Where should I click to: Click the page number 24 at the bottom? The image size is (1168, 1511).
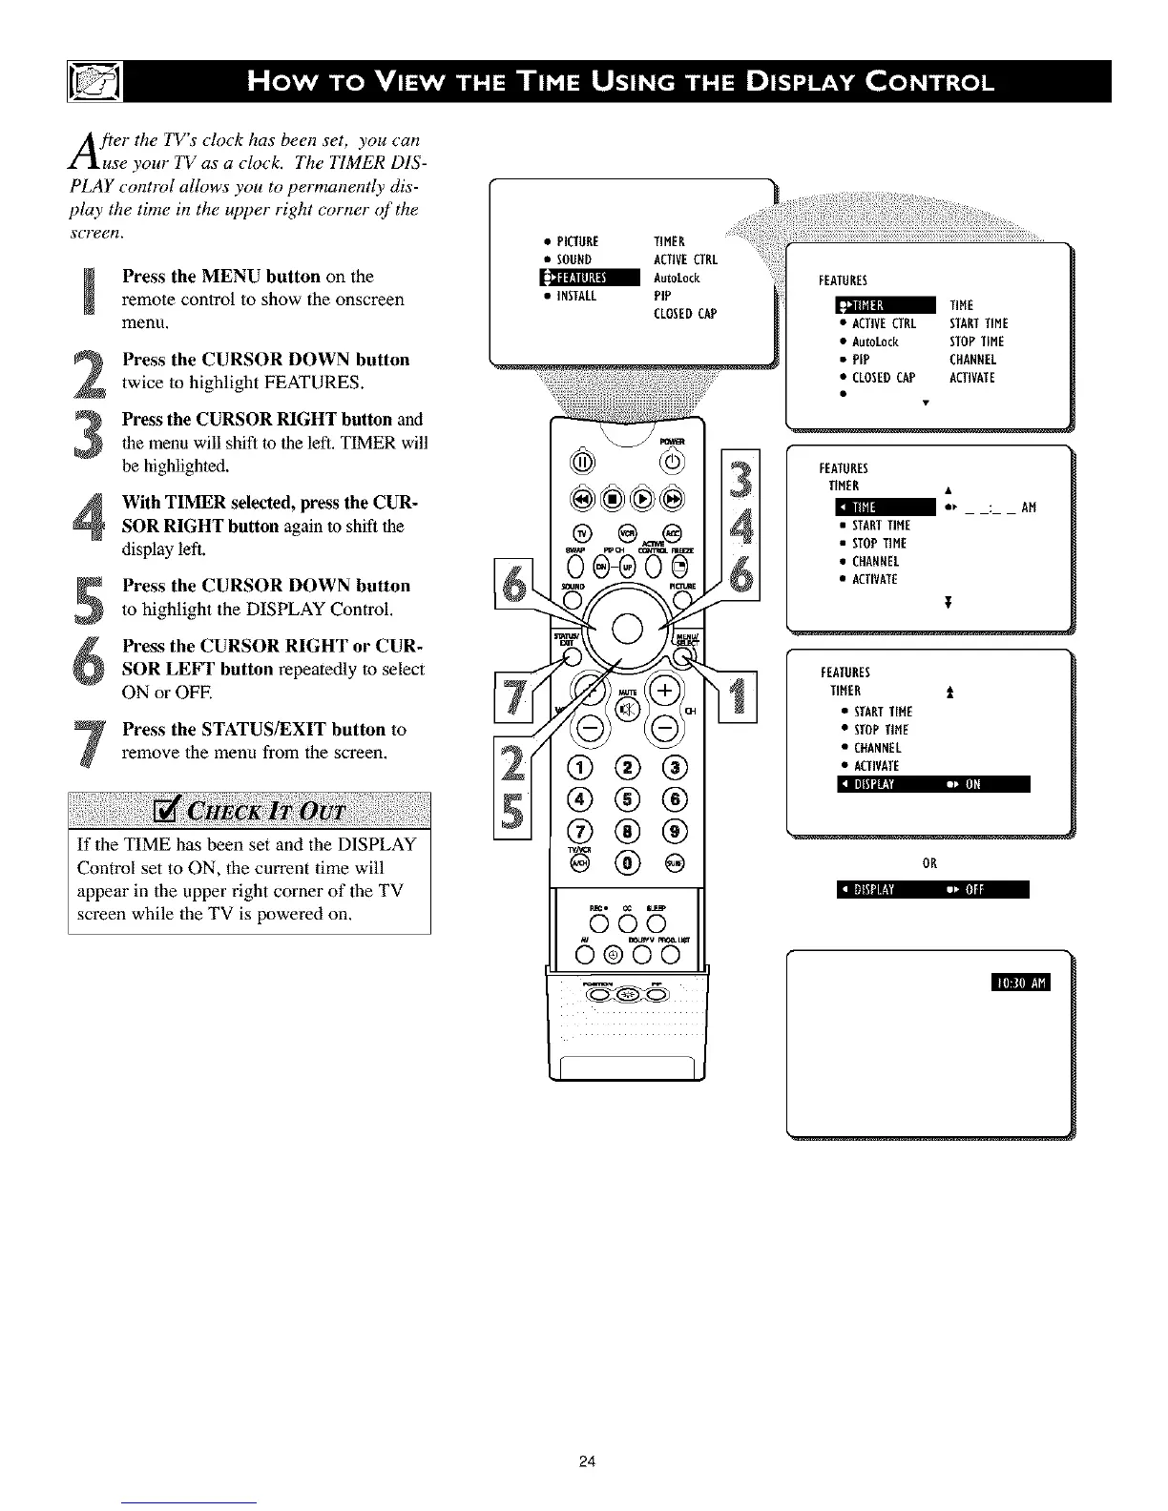(x=587, y=1461)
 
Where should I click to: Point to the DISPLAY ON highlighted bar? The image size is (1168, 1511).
(x=931, y=784)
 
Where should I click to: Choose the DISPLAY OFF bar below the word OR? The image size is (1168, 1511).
(x=931, y=891)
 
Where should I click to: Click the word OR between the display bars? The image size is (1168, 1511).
(x=929, y=863)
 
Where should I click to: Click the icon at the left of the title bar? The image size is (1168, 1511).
(x=91, y=81)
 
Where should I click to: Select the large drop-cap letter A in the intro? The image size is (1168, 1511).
(x=81, y=148)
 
